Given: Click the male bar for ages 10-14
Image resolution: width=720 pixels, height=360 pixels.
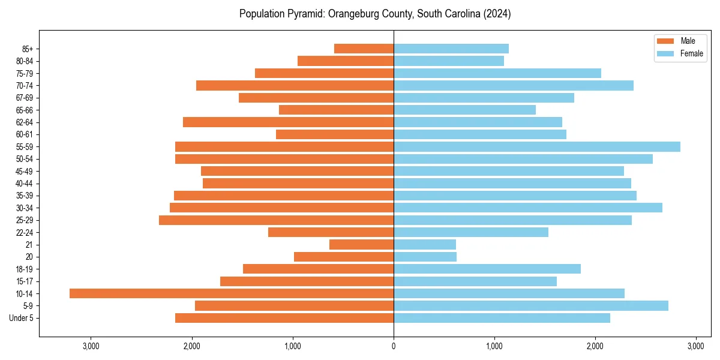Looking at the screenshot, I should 232,293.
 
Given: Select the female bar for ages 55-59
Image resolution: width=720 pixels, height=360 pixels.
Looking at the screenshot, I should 537,146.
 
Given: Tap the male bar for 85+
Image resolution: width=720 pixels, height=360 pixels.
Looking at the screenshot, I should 364,49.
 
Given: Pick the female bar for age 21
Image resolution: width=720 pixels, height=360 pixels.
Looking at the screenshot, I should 425,244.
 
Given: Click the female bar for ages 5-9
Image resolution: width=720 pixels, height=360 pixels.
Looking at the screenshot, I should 531,305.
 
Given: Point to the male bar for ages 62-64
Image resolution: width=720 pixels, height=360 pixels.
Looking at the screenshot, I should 288,122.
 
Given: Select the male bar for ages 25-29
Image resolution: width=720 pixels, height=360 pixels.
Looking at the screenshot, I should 276,220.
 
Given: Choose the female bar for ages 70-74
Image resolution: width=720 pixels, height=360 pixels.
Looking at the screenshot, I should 514,85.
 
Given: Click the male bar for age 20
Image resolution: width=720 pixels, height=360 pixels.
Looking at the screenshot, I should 344,257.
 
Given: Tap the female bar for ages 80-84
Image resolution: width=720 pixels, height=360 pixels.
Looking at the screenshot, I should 449,61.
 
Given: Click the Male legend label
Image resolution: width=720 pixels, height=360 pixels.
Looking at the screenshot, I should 688,41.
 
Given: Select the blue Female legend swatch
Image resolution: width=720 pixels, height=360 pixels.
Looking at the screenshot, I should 665,53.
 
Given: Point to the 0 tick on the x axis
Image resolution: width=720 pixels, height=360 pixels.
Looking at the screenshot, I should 394,346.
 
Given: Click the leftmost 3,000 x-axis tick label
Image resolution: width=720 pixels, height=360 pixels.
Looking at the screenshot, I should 91,346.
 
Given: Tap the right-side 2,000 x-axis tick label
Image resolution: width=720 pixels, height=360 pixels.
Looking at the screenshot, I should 595,346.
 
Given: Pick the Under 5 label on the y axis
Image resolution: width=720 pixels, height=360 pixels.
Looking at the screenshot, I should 21,318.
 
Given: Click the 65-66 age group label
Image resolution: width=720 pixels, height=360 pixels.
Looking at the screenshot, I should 25,110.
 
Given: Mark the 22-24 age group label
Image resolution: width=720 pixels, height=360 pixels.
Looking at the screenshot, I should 25,232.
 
